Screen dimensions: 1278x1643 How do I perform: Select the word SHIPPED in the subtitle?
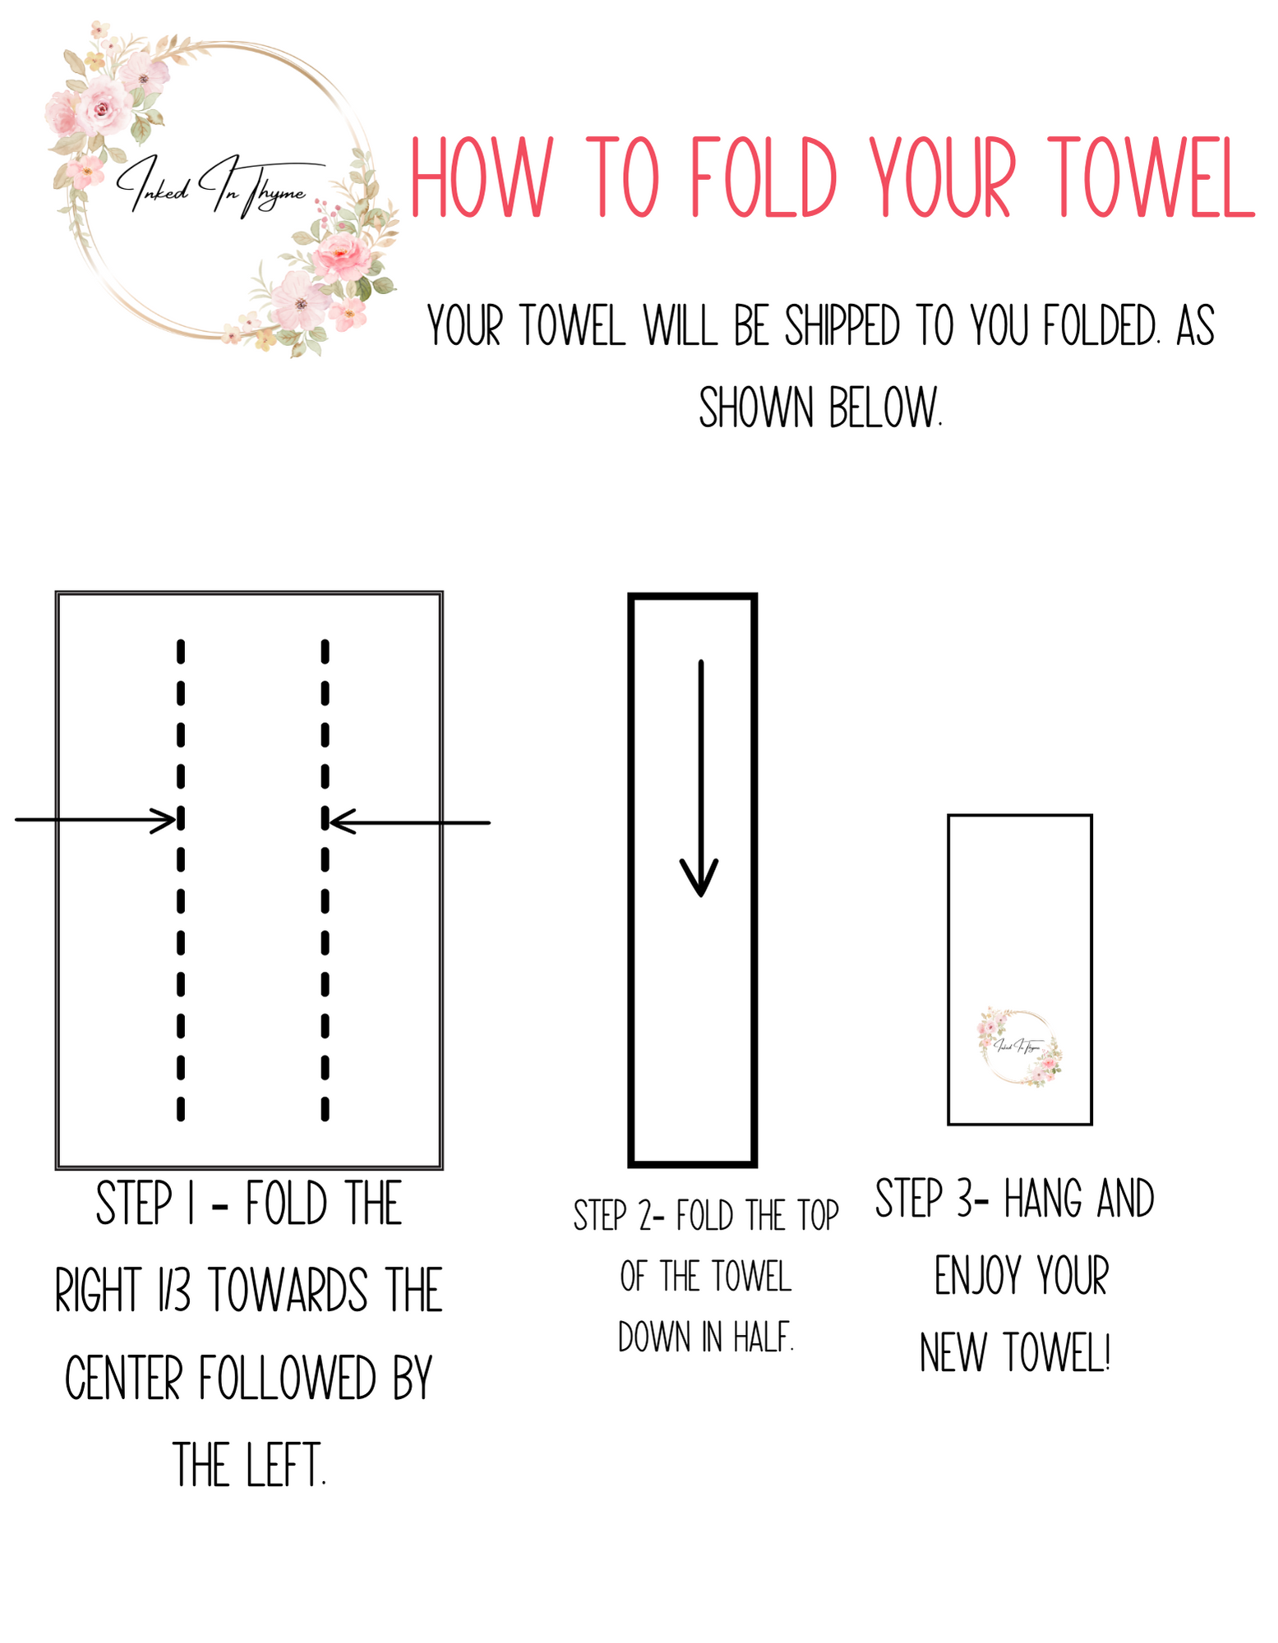click(x=842, y=327)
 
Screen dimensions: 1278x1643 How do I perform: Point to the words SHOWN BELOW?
click(x=820, y=407)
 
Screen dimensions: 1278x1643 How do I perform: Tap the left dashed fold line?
click(x=181, y=880)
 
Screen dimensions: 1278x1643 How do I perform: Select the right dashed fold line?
click(x=325, y=880)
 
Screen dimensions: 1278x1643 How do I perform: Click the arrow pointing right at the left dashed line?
click(x=96, y=820)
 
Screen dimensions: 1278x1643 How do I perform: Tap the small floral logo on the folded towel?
click(x=1020, y=1047)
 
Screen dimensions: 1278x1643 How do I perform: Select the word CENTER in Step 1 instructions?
click(x=123, y=1378)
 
